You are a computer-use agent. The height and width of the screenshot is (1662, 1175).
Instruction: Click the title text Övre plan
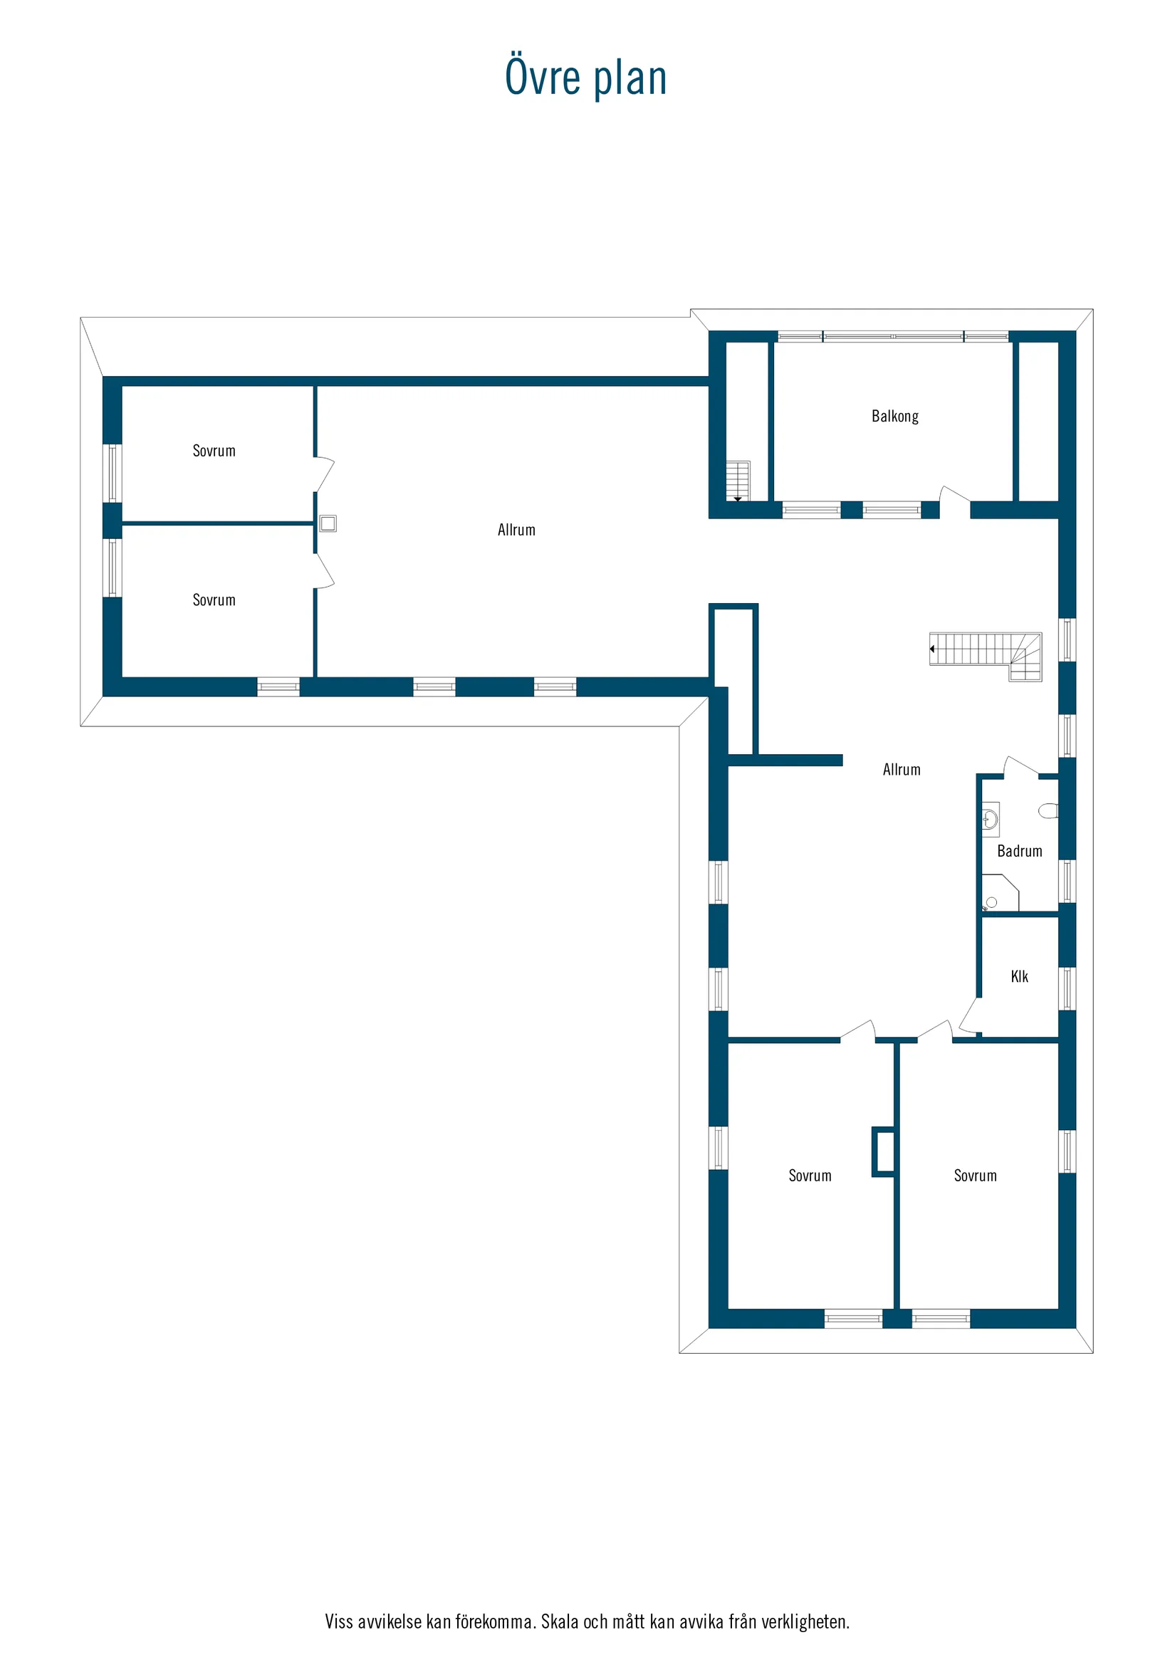585,77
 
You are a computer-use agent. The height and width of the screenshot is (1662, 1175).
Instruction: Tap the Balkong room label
895,417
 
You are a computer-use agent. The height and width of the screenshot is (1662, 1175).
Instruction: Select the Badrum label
1019,851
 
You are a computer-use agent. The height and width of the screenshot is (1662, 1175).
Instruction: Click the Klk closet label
1019,976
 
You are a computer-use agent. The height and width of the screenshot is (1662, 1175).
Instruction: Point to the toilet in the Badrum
1048,810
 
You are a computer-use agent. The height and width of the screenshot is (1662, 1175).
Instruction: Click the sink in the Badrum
991,820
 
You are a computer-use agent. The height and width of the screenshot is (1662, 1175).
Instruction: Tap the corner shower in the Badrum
998,893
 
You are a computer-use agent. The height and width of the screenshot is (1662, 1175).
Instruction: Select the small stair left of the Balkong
738,480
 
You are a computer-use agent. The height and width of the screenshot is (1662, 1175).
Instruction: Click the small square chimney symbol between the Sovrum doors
328,523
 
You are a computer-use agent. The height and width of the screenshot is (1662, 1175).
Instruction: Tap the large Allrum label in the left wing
516,530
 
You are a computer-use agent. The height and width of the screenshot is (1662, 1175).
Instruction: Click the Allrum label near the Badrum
902,770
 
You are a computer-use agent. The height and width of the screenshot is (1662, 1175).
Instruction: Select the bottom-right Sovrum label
975,1176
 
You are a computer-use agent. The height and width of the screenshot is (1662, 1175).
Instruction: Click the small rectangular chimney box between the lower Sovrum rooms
884,1151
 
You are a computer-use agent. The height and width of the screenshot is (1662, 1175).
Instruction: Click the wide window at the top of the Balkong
894,337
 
